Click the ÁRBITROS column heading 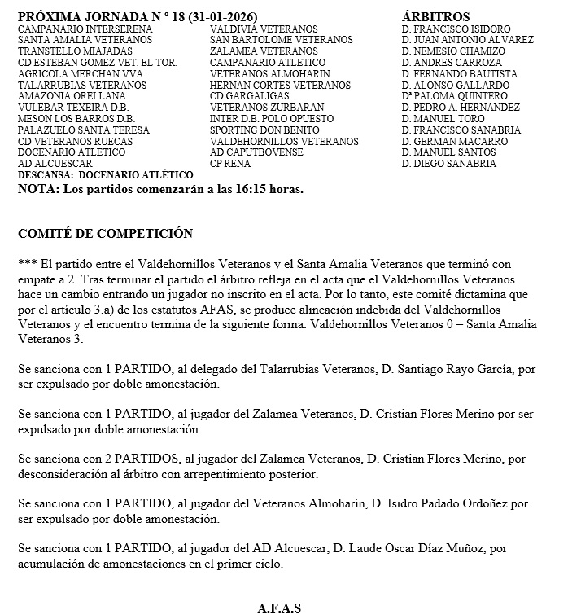click(435, 16)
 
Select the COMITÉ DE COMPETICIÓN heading click(105, 234)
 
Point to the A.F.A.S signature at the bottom click(280, 608)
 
